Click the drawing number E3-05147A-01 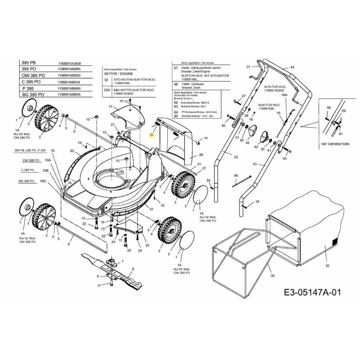[x=310, y=293]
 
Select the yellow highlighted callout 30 [x=152, y=135]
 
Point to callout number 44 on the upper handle [x=292, y=67]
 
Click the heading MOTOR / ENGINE [x=116, y=72]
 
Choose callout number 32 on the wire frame [x=272, y=275]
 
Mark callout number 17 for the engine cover [x=109, y=107]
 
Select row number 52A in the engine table [x=107, y=90]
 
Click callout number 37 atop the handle [x=247, y=67]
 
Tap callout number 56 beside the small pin [x=235, y=175]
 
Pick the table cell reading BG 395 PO [x=32, y=95]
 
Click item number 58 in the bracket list [x=176, y=84]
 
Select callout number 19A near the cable [x=284, y=95]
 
